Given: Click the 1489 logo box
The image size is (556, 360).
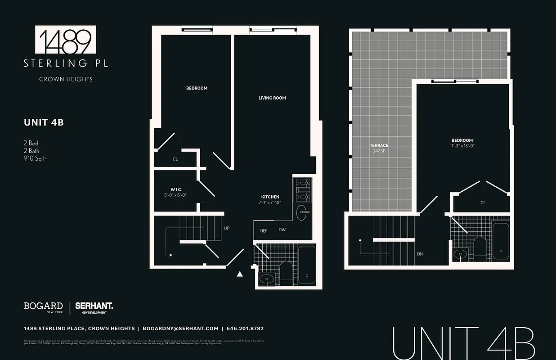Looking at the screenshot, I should pos(66,40).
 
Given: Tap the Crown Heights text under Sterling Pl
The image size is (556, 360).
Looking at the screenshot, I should pos(66,79).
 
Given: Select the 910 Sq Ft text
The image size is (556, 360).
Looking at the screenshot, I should pos(36,158).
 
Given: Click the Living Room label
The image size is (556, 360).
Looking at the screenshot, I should pos(272,98).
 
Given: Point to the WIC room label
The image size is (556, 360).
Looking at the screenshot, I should pos(175,189).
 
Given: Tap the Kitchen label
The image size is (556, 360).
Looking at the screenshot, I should pos(270,197).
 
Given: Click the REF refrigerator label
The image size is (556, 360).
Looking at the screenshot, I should pos(264,230).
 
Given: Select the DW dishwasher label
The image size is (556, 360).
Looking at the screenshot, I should pos(282,230).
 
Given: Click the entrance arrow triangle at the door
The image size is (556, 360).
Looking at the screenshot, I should pos(240,273).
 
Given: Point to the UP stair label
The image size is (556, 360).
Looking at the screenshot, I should pos(227,228).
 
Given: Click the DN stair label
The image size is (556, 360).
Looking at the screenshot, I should pos(420,254).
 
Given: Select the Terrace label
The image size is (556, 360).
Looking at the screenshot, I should pos(379,145).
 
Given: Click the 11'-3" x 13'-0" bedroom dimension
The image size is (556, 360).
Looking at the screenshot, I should pos(462,146).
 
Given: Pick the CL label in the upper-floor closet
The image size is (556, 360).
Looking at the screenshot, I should pos(483,203).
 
